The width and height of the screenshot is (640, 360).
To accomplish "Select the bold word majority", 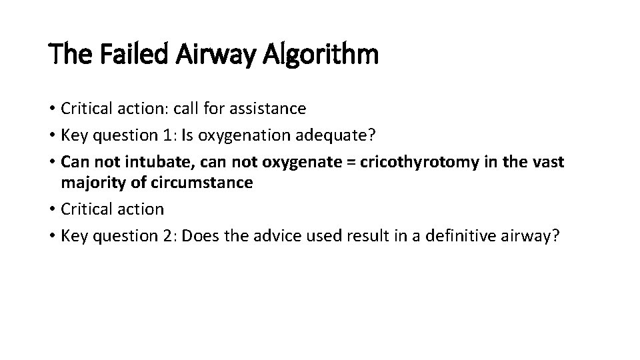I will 87,183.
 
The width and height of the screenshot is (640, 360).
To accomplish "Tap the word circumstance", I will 211,183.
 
